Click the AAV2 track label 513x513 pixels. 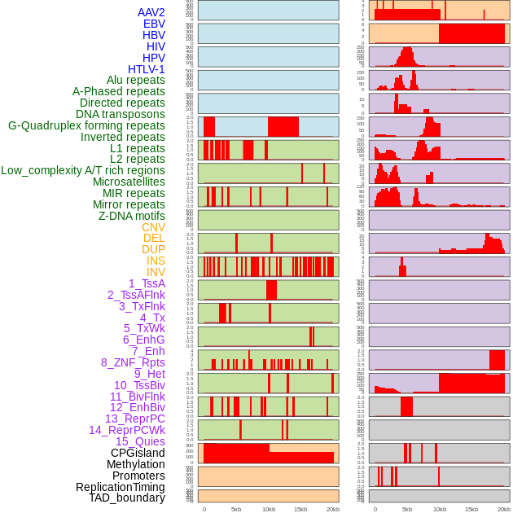(x=151, y=12)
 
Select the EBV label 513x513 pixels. (x=154, y=24)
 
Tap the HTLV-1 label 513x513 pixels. (x=147, y=69)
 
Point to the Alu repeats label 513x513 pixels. (x=136, y=80)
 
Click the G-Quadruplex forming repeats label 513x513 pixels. (x=86, y=125)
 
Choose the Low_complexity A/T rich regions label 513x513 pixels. (x=83, y=170)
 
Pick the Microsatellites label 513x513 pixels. (x=129, y=182)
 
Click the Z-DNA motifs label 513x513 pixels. (x=132, y=216)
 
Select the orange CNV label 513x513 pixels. (x=153, y=227)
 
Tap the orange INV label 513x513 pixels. (x=156, y=272)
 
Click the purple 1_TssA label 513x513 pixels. (x=147, y=283)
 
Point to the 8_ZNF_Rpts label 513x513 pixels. (x=133, y=362)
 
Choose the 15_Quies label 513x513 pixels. (x=140, y=441)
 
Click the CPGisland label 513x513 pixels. (x=138, y=453)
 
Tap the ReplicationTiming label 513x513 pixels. (x=121, y=487)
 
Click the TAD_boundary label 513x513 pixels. (x=127, y=498)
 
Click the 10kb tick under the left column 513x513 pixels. (x=268, y=509)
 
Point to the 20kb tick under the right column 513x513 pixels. (x=503, y=509)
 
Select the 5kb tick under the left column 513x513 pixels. (x=236, y=509)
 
